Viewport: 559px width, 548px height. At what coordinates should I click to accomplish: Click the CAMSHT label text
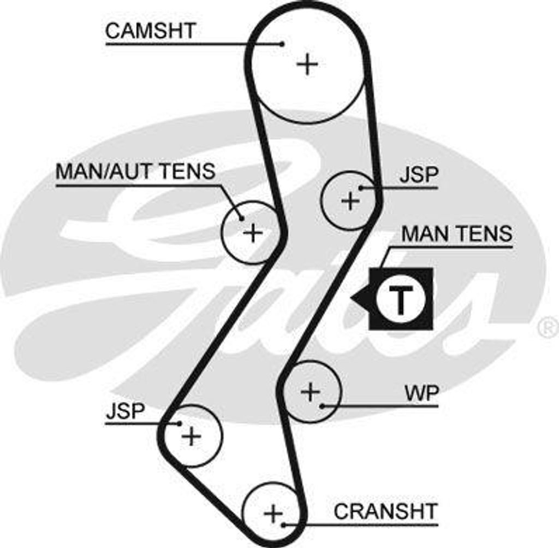(x=150, y=31)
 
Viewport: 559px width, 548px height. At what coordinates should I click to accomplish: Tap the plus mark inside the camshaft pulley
(x=307, y=64)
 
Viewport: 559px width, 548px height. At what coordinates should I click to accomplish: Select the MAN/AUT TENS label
(x=135, y=171)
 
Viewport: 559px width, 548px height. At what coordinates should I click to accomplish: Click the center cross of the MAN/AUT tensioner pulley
(x=252, y=233)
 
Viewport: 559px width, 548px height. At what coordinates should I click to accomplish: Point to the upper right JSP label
(x=419, y=175)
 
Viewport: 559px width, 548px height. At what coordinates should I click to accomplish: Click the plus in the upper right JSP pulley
(x=350, y=201)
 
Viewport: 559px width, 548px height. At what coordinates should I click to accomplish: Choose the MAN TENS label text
(x=457, y=234)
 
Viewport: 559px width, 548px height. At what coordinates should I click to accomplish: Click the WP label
(x=421, y=393)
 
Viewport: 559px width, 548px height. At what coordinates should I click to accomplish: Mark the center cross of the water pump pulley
(x=310, y=392)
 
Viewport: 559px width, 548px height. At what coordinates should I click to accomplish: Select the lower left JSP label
(x=125, y=411)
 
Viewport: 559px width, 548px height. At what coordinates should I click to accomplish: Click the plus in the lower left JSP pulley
(x=191, y=436)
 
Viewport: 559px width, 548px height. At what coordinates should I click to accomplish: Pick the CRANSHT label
(x=385, y=511)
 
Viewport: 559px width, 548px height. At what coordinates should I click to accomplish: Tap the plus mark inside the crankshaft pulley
(x=273, y=513)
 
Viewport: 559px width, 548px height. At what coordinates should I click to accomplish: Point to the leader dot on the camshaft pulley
(x=282, y=44)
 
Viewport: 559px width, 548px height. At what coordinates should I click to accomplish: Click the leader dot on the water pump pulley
(x=323, y=406)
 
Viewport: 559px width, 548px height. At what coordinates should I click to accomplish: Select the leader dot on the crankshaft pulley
(x=283, y=525)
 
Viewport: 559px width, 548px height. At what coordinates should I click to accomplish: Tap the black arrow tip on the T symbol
(x=353, y=298)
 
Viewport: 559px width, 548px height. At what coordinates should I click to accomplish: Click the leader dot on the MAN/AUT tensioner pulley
(x=241, y=219)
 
